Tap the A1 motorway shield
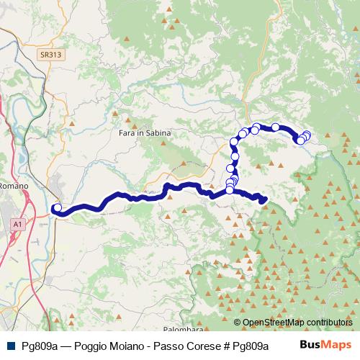pos(17,225)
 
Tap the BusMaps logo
pos(325,345)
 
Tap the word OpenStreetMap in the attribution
pos(273,323)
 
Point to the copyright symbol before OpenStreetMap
pos(238,323)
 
